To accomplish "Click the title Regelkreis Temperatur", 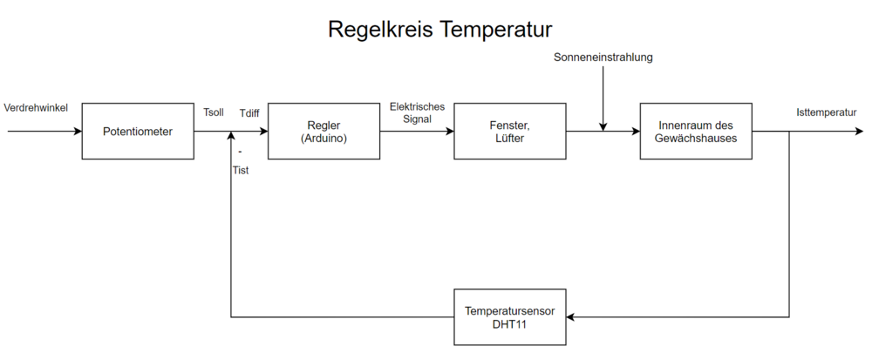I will tap(440, 30).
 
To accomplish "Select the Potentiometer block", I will tap(137, 132).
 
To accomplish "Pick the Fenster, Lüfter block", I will tap(509, 132).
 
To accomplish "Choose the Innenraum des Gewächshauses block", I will tap(695, 132).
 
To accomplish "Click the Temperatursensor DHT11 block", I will tap(509, 317).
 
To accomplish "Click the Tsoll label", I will tap(214, 112).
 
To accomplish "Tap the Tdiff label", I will tap(250, 112).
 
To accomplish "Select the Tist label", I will tap(240, 170).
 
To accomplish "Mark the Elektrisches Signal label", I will tap(417, 112).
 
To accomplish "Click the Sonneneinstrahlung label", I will tap(603, 58).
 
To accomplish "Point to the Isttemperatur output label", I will tap(826, 112).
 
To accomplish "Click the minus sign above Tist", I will tap(239, 153).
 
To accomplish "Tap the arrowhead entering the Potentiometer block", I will tap(77, 132).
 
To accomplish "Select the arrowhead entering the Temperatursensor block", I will tap(572, 317).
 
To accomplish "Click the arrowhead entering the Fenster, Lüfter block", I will tap(449, 132).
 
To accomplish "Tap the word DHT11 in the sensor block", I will tap(509, 323).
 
